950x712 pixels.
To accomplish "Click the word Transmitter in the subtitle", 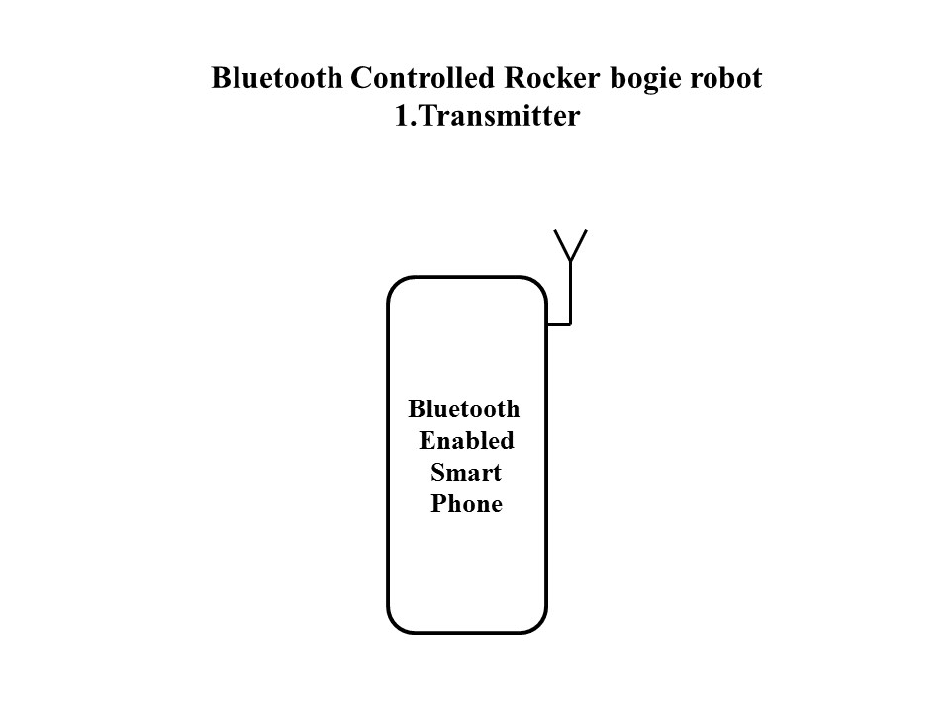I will click(x=495, y=117).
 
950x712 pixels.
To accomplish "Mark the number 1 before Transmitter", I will click(x=401, y=117).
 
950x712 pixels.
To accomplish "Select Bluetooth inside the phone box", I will click(x=464, y=409).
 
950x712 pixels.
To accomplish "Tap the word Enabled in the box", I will click(x=466, y=441).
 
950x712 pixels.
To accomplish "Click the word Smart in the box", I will click(x=466, y=473).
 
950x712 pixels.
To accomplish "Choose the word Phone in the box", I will click(x=466, y=504).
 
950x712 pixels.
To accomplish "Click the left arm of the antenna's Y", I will click(x=562, y=245).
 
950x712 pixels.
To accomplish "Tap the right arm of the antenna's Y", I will click(x=578, y=245).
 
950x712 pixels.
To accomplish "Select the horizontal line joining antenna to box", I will click(x=558, y=323).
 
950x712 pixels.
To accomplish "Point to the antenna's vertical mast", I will click(x=570, y=293).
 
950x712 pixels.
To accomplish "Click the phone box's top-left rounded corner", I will click(x=395, y=286).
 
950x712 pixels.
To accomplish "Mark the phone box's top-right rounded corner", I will click(x=538, y=286).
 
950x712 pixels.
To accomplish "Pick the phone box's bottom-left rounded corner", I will click(x=395, y=624).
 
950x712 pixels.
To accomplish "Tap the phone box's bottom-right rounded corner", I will click(x=538, y=624).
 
